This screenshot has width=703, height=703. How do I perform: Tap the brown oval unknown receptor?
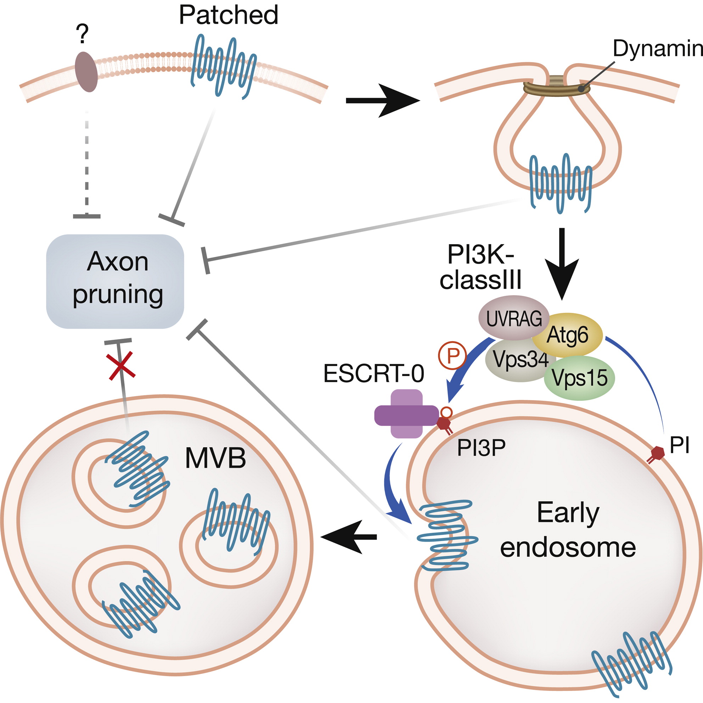86,72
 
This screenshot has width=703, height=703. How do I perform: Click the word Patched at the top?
229,15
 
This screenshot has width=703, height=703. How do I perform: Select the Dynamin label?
657,49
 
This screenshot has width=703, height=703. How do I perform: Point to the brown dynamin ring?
556,88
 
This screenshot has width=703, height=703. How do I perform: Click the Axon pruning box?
116,281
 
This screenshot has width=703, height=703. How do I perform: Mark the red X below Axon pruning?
122,366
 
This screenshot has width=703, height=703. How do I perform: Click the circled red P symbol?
452,355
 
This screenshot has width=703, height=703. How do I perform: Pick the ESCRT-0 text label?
374,373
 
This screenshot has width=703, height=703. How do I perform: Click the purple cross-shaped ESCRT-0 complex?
406,415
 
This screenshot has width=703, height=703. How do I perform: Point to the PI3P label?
481,448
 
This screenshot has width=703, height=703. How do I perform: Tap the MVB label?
215,458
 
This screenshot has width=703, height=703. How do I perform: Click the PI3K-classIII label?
481,268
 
